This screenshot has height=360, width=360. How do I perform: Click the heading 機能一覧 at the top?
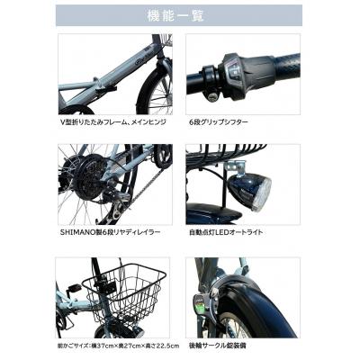click(x=179, y=15)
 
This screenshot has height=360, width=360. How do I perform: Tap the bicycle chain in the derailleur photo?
click(x=126, y=202)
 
